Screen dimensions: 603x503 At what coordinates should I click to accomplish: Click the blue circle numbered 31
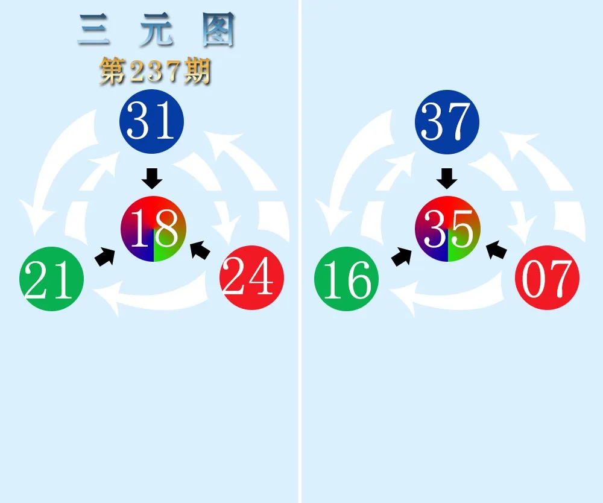[151, 121]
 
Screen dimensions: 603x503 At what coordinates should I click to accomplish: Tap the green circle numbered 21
[51, 279]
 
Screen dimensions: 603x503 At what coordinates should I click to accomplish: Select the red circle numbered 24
[252, 277]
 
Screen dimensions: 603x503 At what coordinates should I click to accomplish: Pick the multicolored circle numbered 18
[153, 229]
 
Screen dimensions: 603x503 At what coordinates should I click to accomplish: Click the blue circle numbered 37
[447, 122]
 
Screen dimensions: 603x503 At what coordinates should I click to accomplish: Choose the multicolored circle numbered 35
[447, 229]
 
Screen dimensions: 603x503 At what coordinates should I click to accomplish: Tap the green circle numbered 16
[347, 279]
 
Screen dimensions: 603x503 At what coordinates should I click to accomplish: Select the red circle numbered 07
[548, 277]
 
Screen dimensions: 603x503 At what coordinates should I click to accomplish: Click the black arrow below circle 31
[152, 179]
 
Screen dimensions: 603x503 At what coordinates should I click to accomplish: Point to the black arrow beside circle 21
[105, 256]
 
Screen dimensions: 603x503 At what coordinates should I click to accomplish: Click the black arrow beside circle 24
[200, 250]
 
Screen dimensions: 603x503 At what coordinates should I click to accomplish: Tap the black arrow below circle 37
[447, 179]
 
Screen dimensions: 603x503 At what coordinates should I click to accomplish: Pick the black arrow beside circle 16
[401, 256]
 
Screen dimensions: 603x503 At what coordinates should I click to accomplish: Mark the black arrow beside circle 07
[496, 250]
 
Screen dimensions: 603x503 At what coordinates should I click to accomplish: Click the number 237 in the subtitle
[154, 71]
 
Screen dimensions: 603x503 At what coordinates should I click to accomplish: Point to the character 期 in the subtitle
[197, 71]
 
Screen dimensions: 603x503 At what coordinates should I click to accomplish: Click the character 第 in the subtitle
[113, 71]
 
